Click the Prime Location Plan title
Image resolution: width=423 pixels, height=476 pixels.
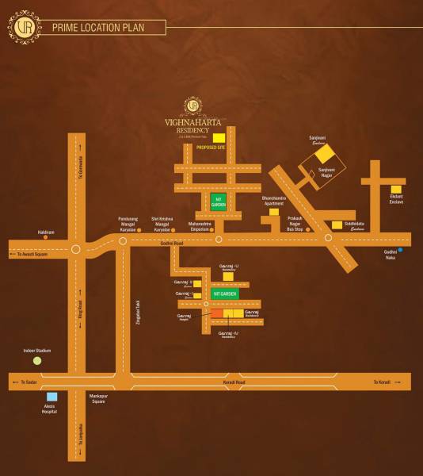[x=98, y=28]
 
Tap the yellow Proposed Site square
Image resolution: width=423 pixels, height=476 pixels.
[x=219, y=137]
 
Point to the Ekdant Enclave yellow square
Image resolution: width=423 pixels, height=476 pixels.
[x=395, y=190]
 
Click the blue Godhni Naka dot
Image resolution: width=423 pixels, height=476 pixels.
[x=401, y=251]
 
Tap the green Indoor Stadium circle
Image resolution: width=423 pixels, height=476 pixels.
[x=36, y=360]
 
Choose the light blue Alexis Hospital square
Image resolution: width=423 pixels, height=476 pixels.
[x=51, y=397]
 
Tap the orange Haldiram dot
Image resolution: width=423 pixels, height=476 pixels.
[x=45, y=237]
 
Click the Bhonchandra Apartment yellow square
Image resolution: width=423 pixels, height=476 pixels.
[x=274, y=212]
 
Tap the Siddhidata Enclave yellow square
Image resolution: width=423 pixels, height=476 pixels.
[x=337, y=225]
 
